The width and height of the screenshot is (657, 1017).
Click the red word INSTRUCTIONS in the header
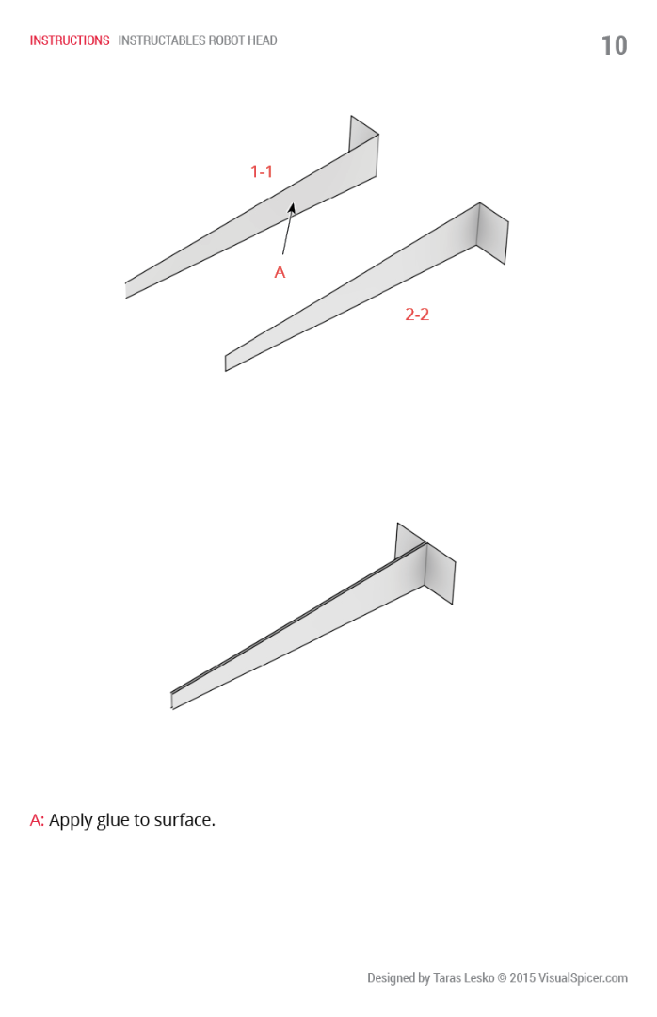coord(70,40)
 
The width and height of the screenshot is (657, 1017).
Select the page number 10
coord(614,45)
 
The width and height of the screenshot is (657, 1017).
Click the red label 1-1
coord(262,172)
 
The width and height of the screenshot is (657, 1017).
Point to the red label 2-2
coord(417,315)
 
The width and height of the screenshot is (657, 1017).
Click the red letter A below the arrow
coord(280,272)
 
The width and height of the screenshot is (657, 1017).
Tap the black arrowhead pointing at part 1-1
coord(292,208)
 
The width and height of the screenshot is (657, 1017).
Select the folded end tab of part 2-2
coord(491,233)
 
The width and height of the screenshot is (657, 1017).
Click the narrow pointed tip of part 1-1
coord(126,290)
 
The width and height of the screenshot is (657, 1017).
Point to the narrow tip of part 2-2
coord(226,363)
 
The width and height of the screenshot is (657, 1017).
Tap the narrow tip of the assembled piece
coord(172,701)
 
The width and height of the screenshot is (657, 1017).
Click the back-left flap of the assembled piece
coord(408,541)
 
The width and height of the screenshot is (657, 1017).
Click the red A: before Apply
coord(37,820)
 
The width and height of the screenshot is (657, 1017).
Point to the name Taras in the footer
coord(445,978)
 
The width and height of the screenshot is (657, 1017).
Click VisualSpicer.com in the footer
coord(583,978)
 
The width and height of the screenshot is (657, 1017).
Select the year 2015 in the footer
coord(522,978)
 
